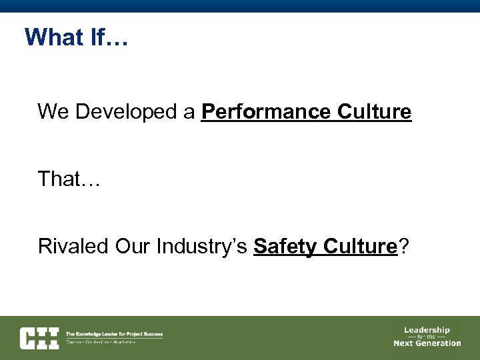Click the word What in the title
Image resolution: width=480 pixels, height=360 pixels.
click(x=53, y=37)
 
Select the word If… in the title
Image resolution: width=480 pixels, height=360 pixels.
click(x=107, y=37)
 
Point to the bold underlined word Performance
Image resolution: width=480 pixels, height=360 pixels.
click(x=266, y=112)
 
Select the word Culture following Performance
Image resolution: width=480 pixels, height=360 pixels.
click(x=374, y=112)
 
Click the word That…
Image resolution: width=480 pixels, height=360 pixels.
click(x=69, y=179)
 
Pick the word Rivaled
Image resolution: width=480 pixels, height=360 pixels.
click(x=73, y=246)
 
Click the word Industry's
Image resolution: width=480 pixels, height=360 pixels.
click(x=202, y=246)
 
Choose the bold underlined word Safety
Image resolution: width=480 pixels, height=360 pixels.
click(x=286, y=246)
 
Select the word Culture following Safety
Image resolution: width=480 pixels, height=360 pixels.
click(x=360, y=246)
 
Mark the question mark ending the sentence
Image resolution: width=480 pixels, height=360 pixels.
click(x=403, y=246)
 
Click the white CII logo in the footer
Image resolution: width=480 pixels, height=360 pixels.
click(x=39, y=337)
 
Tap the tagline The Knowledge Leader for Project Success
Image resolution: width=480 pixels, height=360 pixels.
click(x=114, y=334)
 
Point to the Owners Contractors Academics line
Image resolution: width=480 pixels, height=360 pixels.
click(x=101, y=342)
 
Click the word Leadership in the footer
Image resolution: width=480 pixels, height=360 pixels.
click(x=427, y=329)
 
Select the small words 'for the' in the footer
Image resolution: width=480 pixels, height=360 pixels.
click(x=427, y=337)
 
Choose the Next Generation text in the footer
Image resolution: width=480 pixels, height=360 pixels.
click(x=427, y=343)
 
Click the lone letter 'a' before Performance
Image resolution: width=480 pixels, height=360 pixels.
click(x=189, y=112)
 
